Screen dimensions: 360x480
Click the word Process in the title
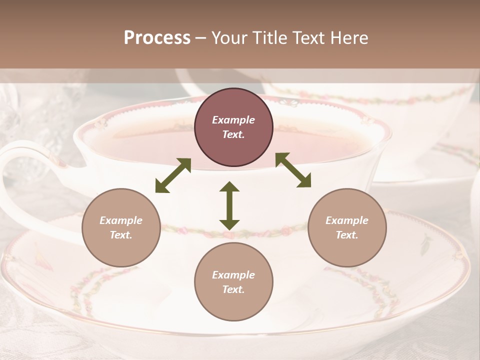coord(157,38)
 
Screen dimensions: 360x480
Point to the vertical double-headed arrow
coord(229,205)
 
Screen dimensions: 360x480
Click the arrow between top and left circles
coord(173,175)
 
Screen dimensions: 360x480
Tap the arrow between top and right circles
coord(293,170)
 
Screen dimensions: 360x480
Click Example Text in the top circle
coord(233,127)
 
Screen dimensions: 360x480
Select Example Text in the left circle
coord(121,227)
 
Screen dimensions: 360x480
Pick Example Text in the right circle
coord(346,227)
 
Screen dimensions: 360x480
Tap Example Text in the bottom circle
coord(233,282)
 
